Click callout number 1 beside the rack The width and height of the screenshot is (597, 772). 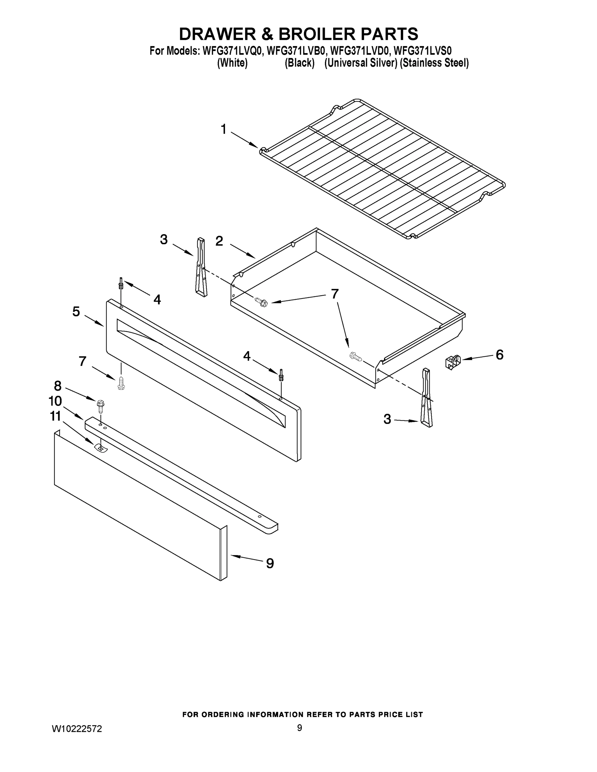click(x=224, y=129)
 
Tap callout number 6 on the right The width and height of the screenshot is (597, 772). click(x=499, y=354)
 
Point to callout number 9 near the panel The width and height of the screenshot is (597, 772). click(x=270, y=564)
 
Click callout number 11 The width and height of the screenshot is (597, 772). click(x=55, y=417)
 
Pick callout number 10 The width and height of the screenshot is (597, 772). click(x=55, y=401)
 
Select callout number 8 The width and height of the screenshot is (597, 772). click(x=58, y=386)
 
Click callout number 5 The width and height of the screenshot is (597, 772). click(x=76, y=312)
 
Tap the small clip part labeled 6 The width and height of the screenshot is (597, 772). click(x=453, y=363)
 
